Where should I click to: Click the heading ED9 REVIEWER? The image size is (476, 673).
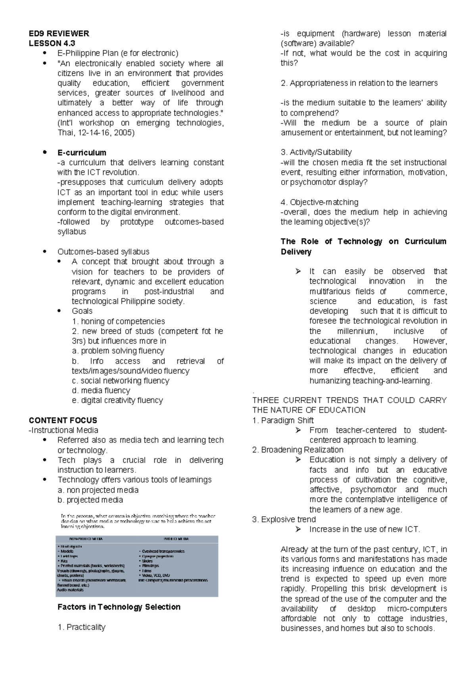coord(59,33)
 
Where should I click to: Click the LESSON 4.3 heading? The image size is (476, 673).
coord(52,43)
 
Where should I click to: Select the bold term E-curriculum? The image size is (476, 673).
coord(82,152)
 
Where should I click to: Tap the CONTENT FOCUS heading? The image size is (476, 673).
coord(63,420)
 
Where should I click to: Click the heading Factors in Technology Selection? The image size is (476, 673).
coord(119,607)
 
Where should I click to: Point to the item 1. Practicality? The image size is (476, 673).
coord(82,627)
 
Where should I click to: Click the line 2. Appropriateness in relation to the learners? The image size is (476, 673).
coord(359,83)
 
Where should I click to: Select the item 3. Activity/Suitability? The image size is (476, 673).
coord(316,152)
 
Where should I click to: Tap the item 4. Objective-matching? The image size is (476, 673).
coord(319,202)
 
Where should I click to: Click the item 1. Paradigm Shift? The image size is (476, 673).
coord(283,420)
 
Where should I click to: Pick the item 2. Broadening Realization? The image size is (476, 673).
coord(297,450)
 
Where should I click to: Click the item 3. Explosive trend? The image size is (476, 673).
coord(284,519)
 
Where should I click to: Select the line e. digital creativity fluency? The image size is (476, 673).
coord(117,400)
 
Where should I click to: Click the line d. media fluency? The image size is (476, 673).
coord(101,390)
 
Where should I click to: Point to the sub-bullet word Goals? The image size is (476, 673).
coord(82,311)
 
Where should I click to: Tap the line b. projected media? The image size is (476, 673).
coord(90,500)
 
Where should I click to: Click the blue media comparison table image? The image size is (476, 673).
coord(137,566)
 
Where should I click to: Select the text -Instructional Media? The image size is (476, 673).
coord(63,430)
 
